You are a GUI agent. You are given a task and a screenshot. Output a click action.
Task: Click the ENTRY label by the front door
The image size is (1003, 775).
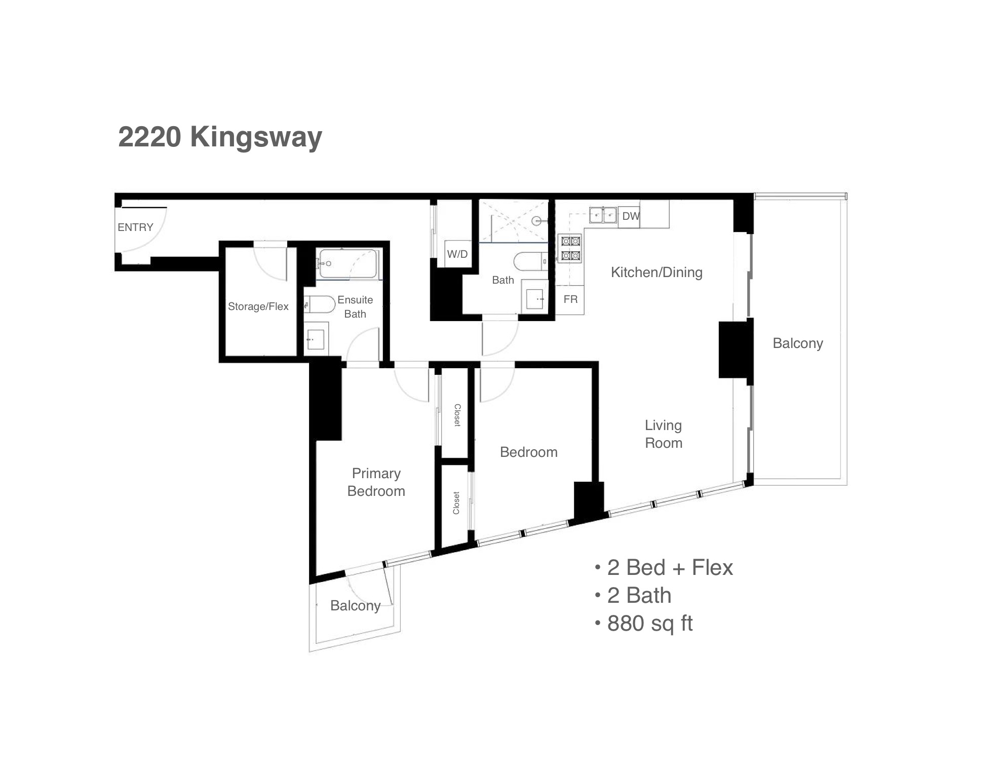click(135, 227)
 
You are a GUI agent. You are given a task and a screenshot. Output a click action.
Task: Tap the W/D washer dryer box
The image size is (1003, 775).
click(457, 253)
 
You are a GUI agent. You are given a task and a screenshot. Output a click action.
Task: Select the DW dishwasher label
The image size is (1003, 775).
click(631, 216)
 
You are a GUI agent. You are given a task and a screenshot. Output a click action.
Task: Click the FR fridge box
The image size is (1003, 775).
click(570, 299)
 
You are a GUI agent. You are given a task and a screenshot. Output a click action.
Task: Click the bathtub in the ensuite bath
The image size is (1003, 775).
click(349, 264)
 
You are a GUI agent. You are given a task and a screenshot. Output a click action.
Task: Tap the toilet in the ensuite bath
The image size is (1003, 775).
click(320, 305)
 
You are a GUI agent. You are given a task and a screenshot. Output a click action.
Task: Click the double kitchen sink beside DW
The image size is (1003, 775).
click(603, 215)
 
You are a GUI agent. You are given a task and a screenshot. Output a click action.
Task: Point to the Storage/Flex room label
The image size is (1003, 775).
click(258, 306)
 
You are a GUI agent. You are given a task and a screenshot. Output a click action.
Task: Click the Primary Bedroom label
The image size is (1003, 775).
click(376, 482)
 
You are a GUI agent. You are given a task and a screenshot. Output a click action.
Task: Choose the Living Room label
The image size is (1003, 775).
click(664, 434)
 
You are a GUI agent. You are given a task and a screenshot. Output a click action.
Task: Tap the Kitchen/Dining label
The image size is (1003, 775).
click(657, 273)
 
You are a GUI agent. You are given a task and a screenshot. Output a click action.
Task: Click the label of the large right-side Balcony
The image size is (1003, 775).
click(798, 343)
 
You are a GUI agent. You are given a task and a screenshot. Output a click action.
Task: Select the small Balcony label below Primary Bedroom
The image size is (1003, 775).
click(355, 606)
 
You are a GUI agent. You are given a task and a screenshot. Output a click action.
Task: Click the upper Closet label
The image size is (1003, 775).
click(457, 415)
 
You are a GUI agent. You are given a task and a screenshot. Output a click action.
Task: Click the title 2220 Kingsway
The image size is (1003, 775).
click(220, 137)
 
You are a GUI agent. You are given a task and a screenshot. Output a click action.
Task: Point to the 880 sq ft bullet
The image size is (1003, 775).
click(644, 623)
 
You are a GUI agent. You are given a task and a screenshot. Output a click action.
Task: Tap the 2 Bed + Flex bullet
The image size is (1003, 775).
click(664, 567)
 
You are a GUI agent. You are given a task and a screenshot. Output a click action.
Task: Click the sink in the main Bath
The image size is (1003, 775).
click(534, 299)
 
